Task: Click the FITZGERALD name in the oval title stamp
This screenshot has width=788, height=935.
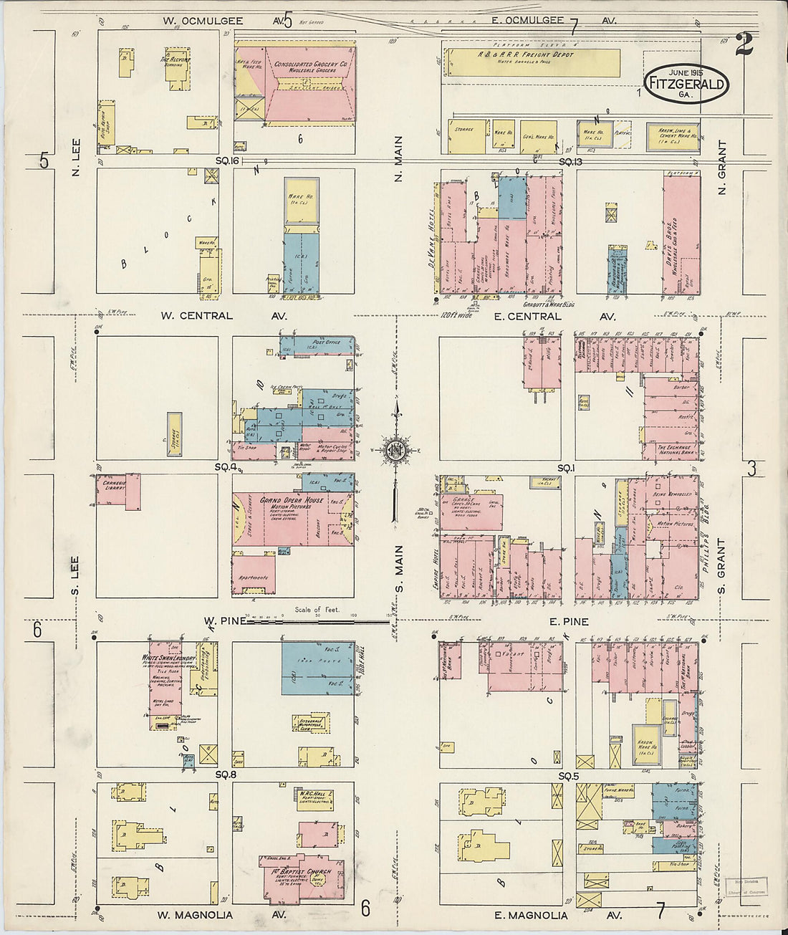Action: [x=686, y=84]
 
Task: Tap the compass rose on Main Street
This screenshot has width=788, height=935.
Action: [x=394, y=450]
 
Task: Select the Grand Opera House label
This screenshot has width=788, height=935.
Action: [x=292, y=500]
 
